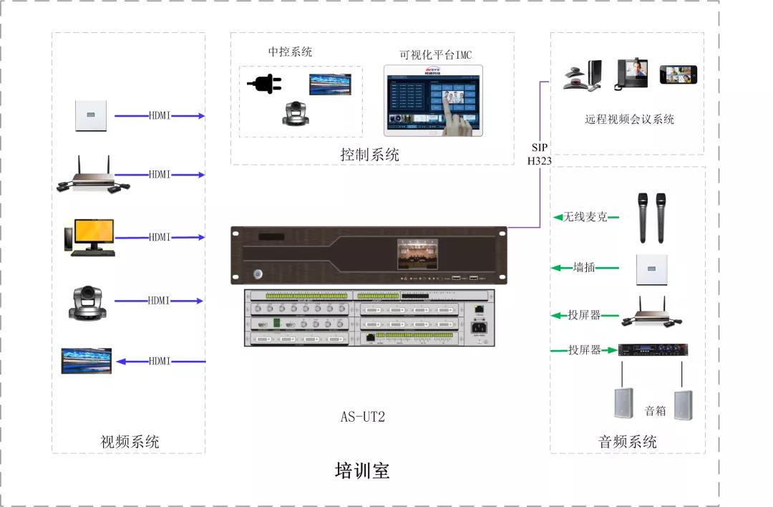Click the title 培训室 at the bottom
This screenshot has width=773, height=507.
[362, 471]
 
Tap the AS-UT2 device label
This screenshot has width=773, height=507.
[363, 417]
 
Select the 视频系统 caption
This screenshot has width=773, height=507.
[130, 442]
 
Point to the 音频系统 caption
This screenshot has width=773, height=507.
[627, 442]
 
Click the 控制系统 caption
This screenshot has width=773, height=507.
[370, 155]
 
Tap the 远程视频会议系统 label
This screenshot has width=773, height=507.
[629, 120]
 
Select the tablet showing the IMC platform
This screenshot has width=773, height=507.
[433, 100]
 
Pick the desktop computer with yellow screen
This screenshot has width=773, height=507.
[89, 237]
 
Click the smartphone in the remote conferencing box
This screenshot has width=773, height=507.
[678, 74]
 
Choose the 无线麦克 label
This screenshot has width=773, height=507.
[585, 216]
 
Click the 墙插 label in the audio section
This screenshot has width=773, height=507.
[584, 268]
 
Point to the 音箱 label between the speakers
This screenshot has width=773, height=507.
[655, 411]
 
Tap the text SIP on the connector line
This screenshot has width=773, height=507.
[539, 147]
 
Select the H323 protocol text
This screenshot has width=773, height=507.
[539, 161]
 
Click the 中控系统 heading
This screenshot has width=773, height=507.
[290, 52]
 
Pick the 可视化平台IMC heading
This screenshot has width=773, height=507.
[435, 55]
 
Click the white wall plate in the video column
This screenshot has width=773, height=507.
[92, 116]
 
